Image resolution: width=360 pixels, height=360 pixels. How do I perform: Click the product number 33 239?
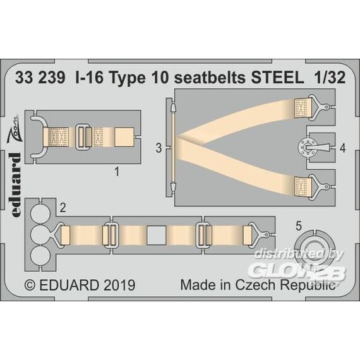(40, 78)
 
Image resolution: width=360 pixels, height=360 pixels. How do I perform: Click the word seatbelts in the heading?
(210, 78)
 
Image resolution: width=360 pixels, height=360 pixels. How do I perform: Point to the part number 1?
(117, 172)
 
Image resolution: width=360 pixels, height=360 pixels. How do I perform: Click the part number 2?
(63, 208)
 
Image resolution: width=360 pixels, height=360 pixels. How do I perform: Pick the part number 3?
(159, 148)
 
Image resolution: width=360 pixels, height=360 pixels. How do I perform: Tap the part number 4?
(342, 148)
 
